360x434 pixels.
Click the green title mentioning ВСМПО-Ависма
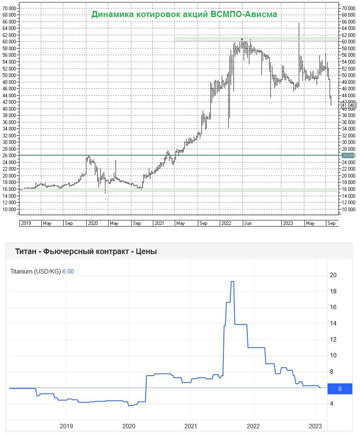tap(184, 14)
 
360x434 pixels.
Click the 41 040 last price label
tap(349, 105)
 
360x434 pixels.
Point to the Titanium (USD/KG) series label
tap(35, 272)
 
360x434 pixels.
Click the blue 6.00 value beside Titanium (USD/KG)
tap(68, 272)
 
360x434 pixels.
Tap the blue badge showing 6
tap(340, 389)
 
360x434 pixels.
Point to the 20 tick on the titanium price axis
tap(334, 276)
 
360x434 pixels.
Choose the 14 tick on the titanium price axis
tap(333, 323)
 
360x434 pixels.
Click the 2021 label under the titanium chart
tap(191, 426)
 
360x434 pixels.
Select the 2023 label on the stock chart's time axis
tap(288, 223)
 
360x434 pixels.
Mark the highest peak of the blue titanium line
tap(232, 282)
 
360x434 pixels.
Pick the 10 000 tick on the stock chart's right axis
tap(349, 210)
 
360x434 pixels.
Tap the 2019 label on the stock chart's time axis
tap(26, 223)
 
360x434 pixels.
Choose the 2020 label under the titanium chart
tap(129, 426)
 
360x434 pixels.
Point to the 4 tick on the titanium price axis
tap(332, 404)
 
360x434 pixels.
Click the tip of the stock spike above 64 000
tap(299, 23)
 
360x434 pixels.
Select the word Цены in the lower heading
tap(147, 252)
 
